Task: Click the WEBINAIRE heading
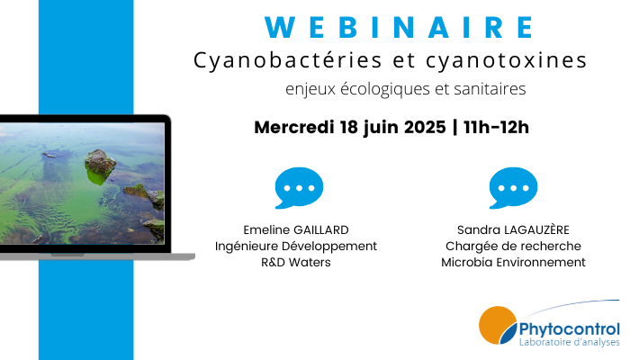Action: (x=400, y=27)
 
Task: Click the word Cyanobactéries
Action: (x=288, y=61)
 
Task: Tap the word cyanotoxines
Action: (x=506, y=61)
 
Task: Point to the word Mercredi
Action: (x=294, y=128)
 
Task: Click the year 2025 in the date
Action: (x=425, y=128)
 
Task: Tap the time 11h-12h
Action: (x=496, y=128)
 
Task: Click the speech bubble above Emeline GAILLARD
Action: (x=299, y=187)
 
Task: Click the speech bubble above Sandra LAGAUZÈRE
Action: (x=513, y=187)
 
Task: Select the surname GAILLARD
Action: (x=321, y=229)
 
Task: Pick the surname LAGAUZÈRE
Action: (x=536, y=229)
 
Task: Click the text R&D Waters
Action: (x=296, y=263)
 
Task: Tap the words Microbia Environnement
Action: (x=513, y=263)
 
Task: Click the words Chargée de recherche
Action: (x=513, y=247)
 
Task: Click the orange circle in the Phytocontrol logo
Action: (x=497, y=325)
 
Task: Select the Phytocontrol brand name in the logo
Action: (x=570, y=329)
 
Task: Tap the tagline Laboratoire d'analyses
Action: (x=570, y=342)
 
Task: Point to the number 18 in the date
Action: (x=349, y=128)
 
